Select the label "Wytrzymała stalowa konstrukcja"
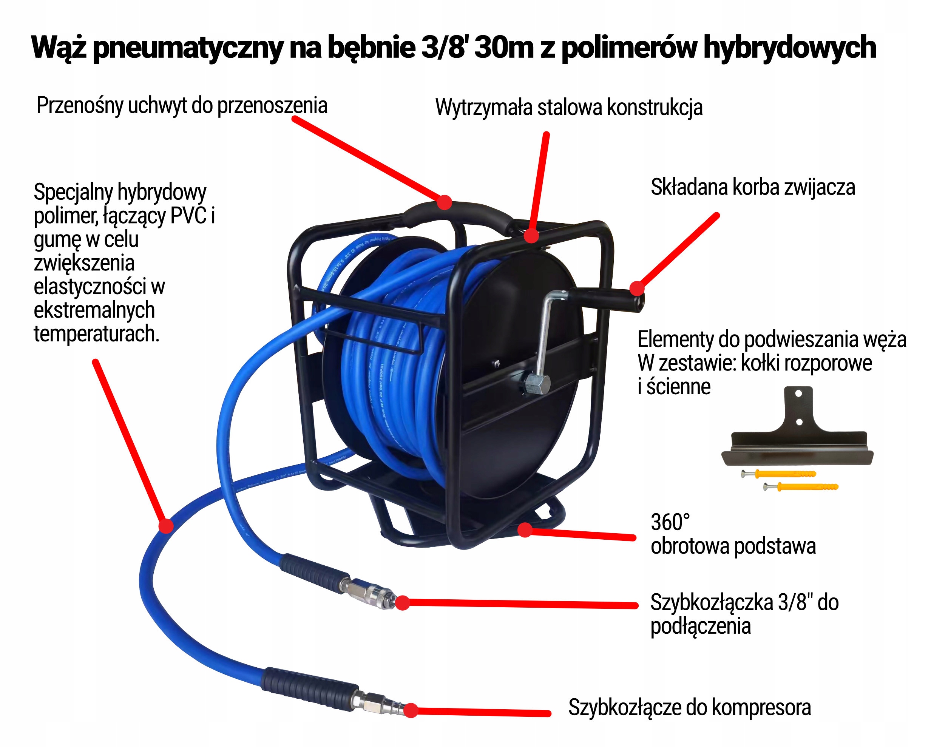point(569,108)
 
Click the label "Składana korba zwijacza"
point(753,187)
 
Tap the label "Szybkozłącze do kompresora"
point(689,707)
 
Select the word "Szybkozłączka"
point(711,602)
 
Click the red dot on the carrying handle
point(444,202)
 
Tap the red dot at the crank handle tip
point(636,288)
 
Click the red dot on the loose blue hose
point(166,526)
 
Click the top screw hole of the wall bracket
point(798,394)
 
